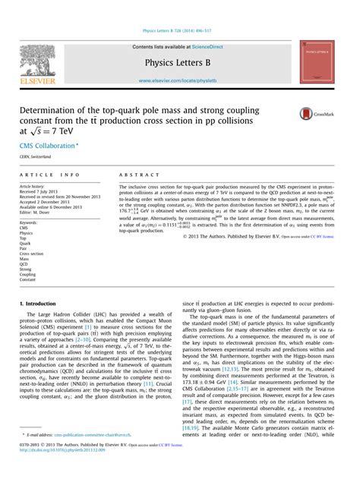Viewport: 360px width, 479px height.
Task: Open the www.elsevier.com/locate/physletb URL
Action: tap(179, 79)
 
